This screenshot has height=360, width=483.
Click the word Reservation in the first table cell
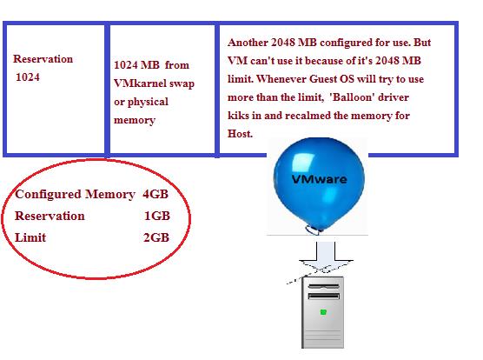click(43, 58)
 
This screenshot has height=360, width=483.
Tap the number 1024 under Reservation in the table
click(28, 77)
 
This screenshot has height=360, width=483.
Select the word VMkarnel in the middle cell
click(138, 83)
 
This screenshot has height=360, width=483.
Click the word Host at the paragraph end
click(241, 134)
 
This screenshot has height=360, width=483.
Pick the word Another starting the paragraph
click(248, 43)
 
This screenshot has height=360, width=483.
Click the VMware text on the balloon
click(320, 179)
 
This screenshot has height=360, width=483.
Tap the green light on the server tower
click(323, 312)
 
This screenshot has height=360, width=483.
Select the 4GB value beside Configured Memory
click(155, 194)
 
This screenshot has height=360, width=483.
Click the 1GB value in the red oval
click(156, 216)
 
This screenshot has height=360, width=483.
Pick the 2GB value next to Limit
click(156, 237)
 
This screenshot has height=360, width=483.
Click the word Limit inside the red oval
click(30, 237)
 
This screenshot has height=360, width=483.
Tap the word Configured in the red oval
click(49, 195)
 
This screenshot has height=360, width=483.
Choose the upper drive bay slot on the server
click(323, 287)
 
